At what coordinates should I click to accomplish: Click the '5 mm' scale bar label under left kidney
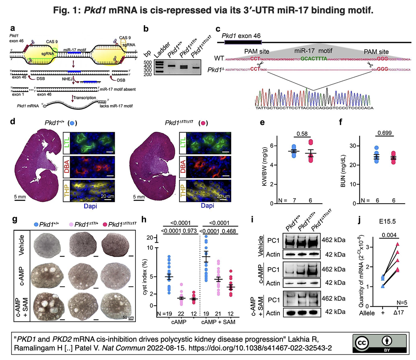coord(20,197)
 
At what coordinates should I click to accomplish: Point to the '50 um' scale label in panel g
coord(128,317)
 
